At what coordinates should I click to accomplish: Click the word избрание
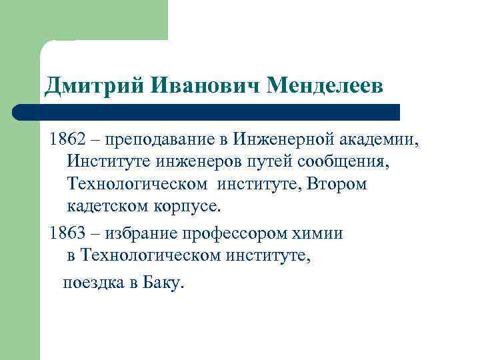[149, 233]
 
